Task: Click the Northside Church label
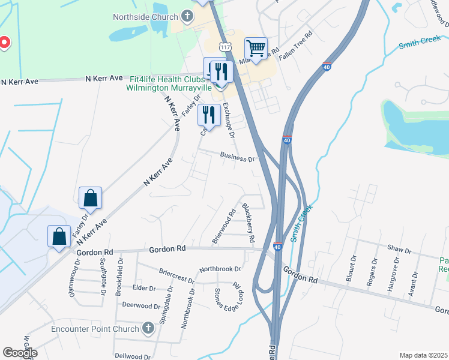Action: point(146,17)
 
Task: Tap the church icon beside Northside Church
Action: point(187,17)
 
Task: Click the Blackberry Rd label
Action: point(249,223)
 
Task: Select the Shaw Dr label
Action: point(399,250)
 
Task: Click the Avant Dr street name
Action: point(414,282)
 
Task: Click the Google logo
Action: point(20,353)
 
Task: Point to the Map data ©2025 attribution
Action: point(423,355)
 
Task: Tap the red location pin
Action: point(4,43)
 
